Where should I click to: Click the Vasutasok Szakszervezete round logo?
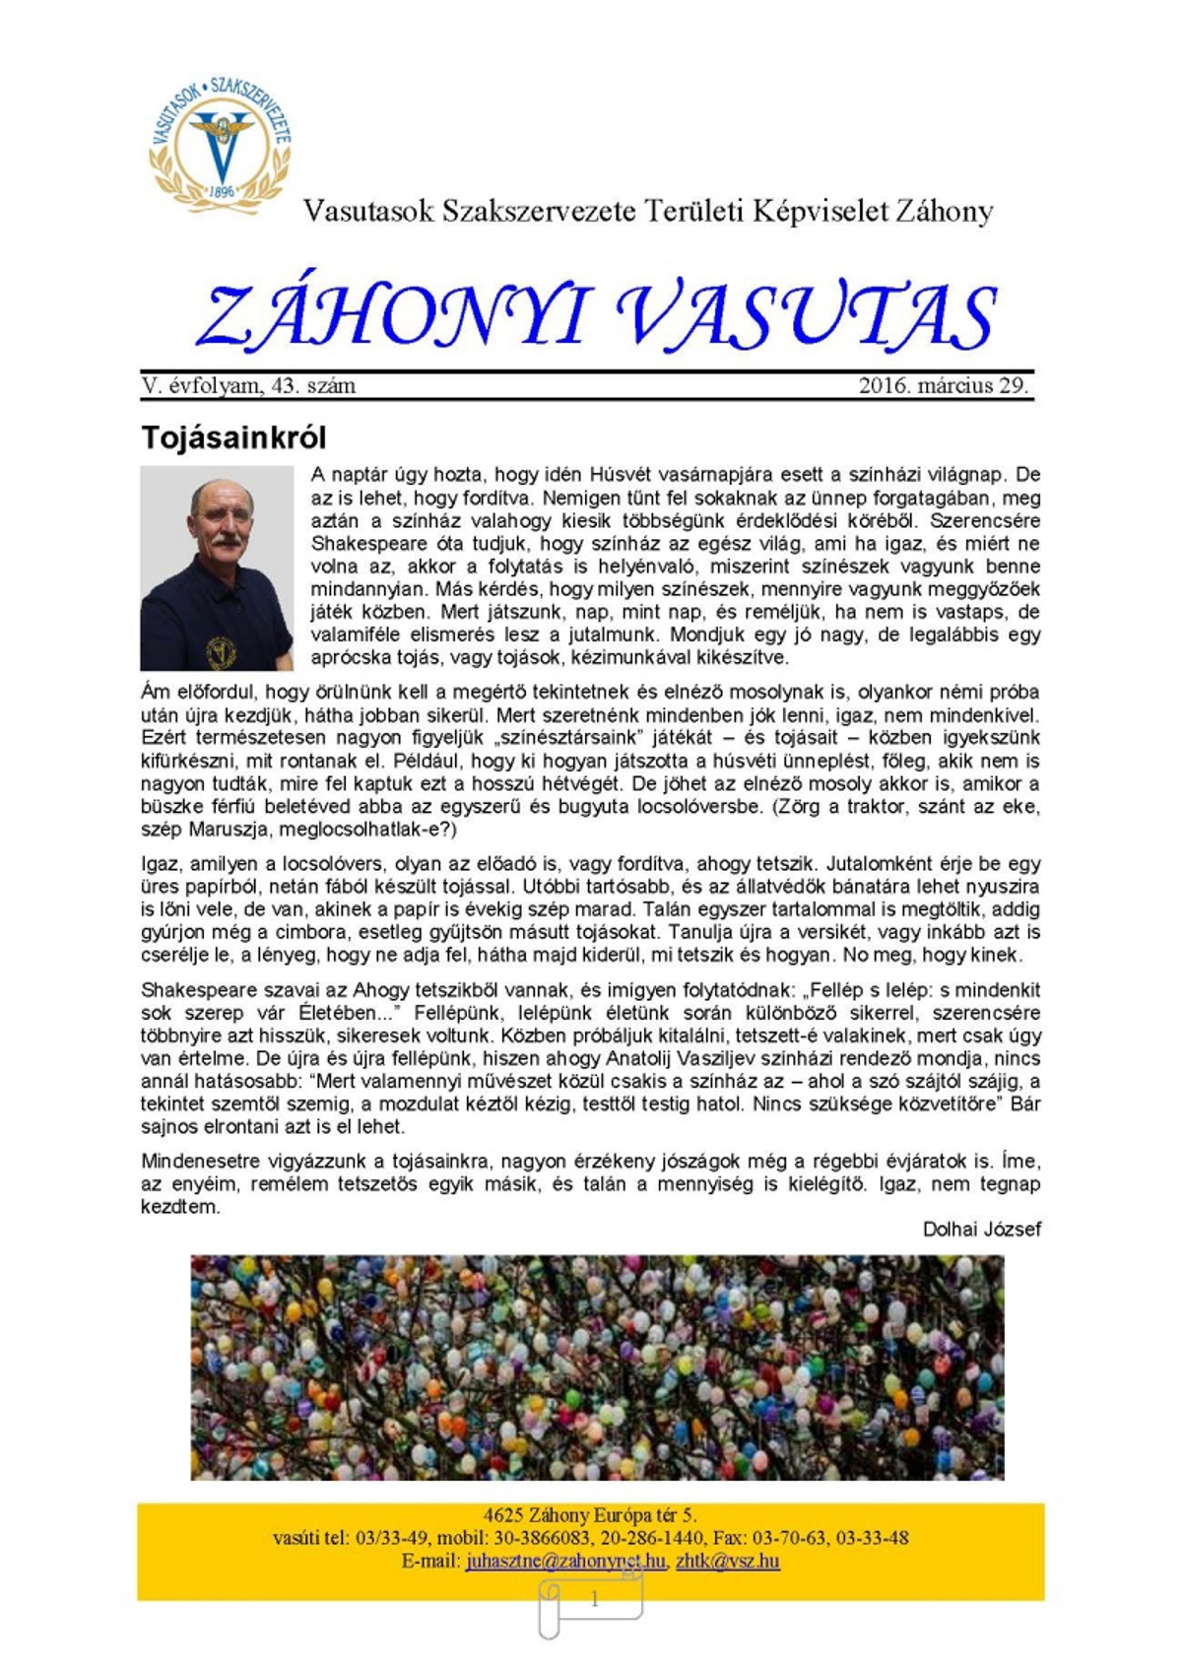coord(220,144)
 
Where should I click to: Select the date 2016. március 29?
coord(943,385)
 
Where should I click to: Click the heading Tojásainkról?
coord(233,437)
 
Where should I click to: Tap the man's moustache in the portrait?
coord(226,541)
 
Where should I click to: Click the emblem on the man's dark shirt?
coord(222,651)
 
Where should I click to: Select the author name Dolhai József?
coord(981,1229)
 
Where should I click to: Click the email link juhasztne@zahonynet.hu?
coord(565,1561)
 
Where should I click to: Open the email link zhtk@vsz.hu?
coord(727,1561)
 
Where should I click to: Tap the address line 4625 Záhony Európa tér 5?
coord(590,1515)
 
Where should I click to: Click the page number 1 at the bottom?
coord(594,1600)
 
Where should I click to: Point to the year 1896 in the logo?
coord(222,191)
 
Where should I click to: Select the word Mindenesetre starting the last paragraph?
coord(197,1162)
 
